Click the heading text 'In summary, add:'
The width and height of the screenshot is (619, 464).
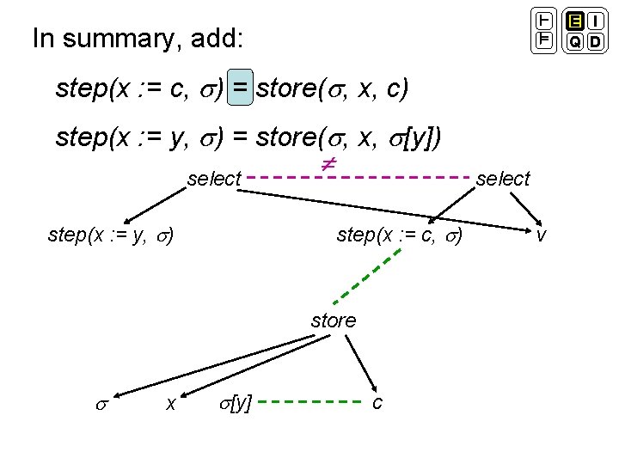pyautogui.click(x=138, y=39)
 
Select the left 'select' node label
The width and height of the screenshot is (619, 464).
pyautogui.click(x=214, y=179)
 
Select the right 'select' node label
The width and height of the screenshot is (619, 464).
pyautogui.click(x=503, y=179)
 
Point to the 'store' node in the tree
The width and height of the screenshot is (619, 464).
pyautogui.click(x=333, y=321)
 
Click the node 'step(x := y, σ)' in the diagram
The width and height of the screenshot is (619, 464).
pyautogui.click(x=113, y=234)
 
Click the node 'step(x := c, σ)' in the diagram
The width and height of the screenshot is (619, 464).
pyautogui.click(x=400, y=234)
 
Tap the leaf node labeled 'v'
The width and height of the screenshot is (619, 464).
pyautogui.click(x=541, y=234)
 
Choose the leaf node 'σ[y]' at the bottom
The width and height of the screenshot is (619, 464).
pyautogui.click(x=236, y=401)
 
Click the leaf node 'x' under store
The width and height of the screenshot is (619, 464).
pyautogui.click(x=171, y=401)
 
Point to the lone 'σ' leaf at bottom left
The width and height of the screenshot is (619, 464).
pyautogui.click(x=101, y=401)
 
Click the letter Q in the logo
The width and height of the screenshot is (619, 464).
pyautogui.click(x=573, y=41)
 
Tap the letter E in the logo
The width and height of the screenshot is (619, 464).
pyautogui.click(x=573, y=21)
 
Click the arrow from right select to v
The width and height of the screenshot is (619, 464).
pyautogui.click(x=525, y=209)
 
